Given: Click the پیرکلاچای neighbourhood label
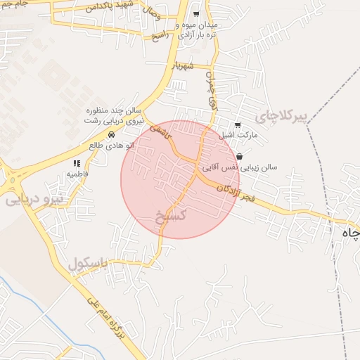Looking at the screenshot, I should (x=283, y=116).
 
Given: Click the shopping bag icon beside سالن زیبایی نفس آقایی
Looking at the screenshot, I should (x=240, y=157).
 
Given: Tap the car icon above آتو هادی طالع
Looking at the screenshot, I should (x=111, y=134).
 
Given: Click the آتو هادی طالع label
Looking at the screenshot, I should (x=111, y=145).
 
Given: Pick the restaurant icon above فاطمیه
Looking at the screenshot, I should (x=77, y=163).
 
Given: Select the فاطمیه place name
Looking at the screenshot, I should (x=77, y=173).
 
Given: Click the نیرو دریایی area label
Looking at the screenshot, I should (x=34, y=199).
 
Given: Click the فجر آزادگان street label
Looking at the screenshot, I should (x=229, y=191).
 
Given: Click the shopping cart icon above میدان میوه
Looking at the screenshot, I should (x=195, y=14).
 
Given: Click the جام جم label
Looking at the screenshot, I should (x=14, y=4).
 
